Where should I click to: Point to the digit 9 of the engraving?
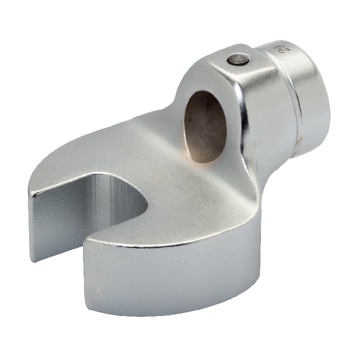[x=279, y=47]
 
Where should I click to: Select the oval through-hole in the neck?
[x=205, y=126]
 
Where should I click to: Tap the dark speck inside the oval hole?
[x=189, y=119]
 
